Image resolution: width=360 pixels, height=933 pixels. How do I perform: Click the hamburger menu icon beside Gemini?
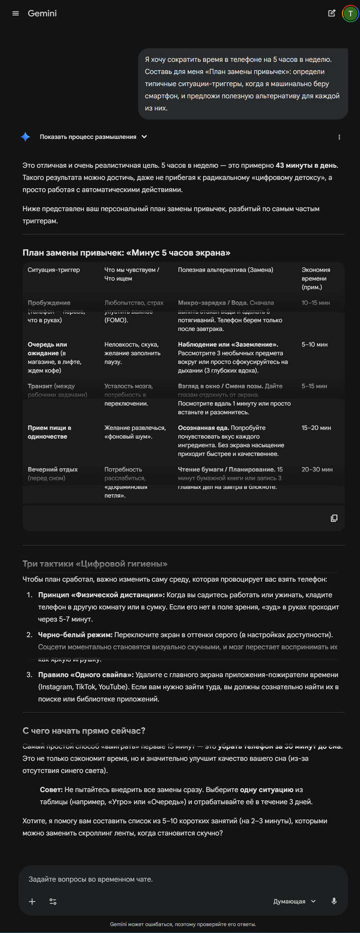15,13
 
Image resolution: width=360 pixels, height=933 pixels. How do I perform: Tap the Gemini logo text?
42,13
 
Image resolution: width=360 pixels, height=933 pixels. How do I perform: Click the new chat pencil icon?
332,13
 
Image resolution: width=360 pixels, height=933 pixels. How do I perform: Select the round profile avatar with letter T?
350,14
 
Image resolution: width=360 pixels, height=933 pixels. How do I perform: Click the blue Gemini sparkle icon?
25,137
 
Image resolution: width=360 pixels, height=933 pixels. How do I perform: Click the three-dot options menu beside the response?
339,137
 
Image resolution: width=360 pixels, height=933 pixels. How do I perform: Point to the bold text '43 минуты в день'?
307,166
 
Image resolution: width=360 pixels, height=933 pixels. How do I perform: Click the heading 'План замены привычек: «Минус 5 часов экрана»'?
126,253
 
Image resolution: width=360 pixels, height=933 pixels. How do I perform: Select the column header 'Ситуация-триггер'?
53,270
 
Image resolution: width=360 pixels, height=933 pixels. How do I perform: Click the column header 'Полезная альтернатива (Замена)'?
225,270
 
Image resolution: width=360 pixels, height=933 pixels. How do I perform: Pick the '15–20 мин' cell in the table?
316,428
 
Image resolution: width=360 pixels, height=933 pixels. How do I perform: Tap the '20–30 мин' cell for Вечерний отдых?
317,470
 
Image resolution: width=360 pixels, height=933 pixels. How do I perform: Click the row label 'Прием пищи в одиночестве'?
49,432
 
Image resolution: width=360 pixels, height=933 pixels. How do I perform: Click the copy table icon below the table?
334,518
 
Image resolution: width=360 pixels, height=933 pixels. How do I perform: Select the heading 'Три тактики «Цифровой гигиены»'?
95,564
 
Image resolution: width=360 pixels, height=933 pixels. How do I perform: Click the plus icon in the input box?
32,902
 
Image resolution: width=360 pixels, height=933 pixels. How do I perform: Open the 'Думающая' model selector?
294,902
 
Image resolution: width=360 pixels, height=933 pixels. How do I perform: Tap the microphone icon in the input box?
334,901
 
